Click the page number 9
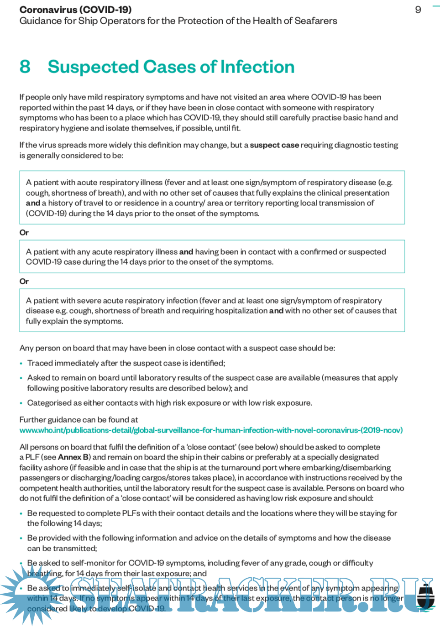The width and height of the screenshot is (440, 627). click(x=418, y=10)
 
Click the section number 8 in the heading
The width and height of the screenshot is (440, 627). click(x=25, y=67)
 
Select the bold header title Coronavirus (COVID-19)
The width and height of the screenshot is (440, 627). click(x=75, y=10)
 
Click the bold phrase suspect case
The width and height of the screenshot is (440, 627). click(x=274, y=145)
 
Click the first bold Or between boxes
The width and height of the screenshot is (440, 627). click(x=24, y=233)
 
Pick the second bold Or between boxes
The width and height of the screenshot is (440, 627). click(x=24, y=282)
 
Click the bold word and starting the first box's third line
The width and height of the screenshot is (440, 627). click(x=33, y=203)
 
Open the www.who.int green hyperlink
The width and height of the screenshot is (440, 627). click(x=211, y=430)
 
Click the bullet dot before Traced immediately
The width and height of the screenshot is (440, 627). click(x=21, y=364)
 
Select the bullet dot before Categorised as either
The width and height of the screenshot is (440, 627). click(x=21, y=403)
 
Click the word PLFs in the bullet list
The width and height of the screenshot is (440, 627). click(x=131, y=513)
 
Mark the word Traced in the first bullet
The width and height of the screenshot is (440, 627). click(x=40, y=363)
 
